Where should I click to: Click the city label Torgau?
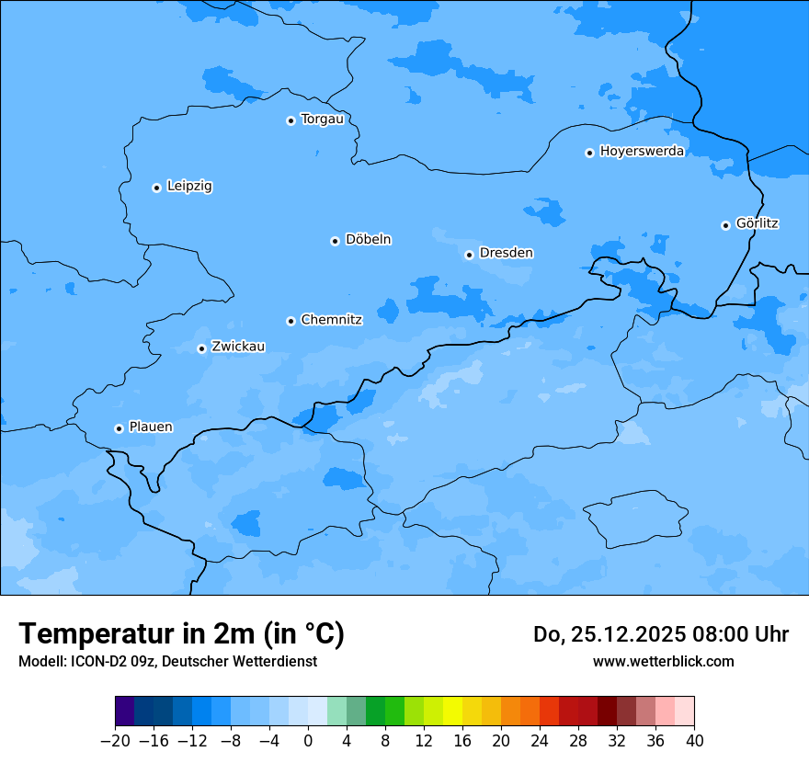click(x=322, y=120)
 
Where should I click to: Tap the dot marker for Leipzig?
click(x=156, y=188)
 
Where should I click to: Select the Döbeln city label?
click(x=368, y=240)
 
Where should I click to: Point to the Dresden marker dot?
click(x=469, y=255)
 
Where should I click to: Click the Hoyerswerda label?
click(x=642, y=152)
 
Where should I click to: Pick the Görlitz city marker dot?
click(x=725, y=225)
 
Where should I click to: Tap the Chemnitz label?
click(x=331, y=320)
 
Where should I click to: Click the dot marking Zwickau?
click(x=201, y=348)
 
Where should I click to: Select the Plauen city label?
click(x=150, y=427)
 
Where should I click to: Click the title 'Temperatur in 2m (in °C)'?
click(x=181, y=633)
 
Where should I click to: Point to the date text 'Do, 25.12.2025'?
click(x=608, y=634)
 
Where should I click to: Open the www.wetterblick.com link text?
click(x=663, y=661)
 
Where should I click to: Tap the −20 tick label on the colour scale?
click(x=115, y=741)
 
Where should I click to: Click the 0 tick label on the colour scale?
click(x=308, y=741)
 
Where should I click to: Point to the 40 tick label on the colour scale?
click(x=694, y=741)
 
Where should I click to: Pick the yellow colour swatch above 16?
click(x=452, y=712)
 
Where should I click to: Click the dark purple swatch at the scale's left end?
click(x=125, y=712)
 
